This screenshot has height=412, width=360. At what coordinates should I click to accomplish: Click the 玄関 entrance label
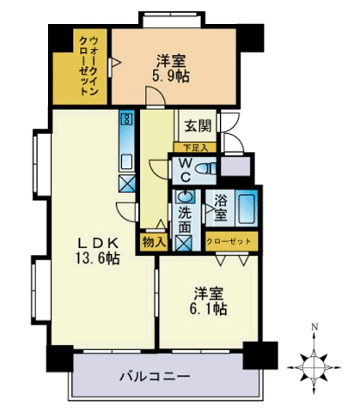(x=198, y=126)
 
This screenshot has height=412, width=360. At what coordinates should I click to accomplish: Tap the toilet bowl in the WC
(x=205, y=168)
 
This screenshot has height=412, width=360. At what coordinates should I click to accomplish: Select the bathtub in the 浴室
(x=247, y=209)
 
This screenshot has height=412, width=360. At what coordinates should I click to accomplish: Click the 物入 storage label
(x=154, y=242)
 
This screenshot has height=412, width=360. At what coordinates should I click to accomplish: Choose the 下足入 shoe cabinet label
(x=195, y=148)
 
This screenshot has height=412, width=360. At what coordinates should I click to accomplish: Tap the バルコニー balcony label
(x=155, y=376)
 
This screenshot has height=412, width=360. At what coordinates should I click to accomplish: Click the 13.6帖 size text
(x=97, y=258)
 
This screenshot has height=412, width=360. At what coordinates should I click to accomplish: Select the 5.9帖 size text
(x=171, y=76)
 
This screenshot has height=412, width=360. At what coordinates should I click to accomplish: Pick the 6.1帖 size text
(x=209, y=308)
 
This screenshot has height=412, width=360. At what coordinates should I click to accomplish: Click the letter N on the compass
(x=314, y=327)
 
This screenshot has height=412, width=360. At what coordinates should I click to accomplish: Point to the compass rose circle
(x=314, y=367)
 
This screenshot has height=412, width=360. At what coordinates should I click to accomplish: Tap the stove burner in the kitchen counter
(x=126, y=118)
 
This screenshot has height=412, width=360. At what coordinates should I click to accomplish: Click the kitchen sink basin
(x=126, y=162)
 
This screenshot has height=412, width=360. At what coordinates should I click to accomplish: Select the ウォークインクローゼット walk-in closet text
(x=88, y=66)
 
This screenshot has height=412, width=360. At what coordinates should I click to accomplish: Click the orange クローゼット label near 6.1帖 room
(x=229, y=241)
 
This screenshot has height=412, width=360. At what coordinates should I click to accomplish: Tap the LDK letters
(x=98, y=244)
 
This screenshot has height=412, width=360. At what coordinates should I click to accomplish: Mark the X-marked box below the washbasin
(x=184, y=243)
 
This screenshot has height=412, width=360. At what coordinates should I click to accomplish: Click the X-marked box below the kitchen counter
(x=127, y=184)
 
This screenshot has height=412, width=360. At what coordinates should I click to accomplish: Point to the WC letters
(x=186, y=171)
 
